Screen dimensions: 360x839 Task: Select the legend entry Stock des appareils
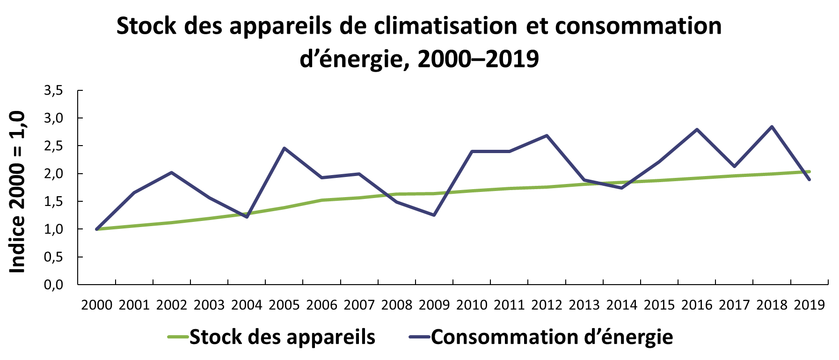coord(282,337)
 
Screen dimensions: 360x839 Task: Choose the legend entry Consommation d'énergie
coord(552,337)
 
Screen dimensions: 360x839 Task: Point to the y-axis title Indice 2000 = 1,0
coord(18,192)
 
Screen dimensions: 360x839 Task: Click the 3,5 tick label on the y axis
coord(53,90)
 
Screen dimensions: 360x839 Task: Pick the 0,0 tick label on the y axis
coord(53,285)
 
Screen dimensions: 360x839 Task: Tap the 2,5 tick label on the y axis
coord(53,146)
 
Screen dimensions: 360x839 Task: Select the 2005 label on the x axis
coord(285,305)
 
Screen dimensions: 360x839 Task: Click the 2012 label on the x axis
coord(547,305)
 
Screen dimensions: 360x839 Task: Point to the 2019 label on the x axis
coord(810,305)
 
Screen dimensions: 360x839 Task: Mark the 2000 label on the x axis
coord(97,305)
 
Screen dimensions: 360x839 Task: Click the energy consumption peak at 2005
coord(285,148)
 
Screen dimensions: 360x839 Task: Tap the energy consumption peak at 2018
coord(772,126)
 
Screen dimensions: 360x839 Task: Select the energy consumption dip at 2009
coord(434,215)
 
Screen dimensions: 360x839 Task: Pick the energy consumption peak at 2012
coord(547,135)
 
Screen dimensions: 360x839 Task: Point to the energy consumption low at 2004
coord(247,217)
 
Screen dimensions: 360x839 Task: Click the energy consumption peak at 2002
coord(172,172)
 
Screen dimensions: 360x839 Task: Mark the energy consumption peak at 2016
coord(697,129)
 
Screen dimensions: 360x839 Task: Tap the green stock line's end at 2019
coord(810,172)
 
